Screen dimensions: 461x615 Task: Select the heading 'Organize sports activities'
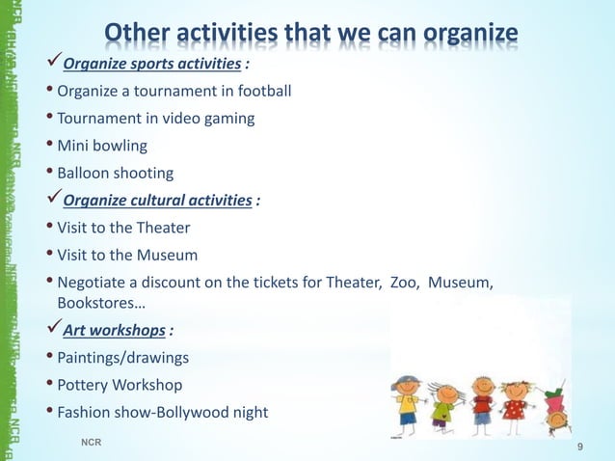click(x=151, y=65)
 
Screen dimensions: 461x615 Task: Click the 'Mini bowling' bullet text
click(x=103, y=147)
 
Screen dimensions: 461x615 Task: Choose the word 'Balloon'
click(x=86, y=174)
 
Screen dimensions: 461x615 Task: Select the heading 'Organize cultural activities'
click(x=160, y=201)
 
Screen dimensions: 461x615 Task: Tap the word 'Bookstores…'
click(x=98, y=304)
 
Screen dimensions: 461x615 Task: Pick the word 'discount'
click(x=176, y=283)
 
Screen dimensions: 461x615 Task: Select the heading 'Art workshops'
click(x=115, y=331)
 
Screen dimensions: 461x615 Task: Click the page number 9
click(x=579, y=447)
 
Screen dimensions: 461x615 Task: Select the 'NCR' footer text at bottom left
click(x=92, y=441)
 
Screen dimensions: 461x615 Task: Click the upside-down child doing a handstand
click(x=554, y=410)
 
